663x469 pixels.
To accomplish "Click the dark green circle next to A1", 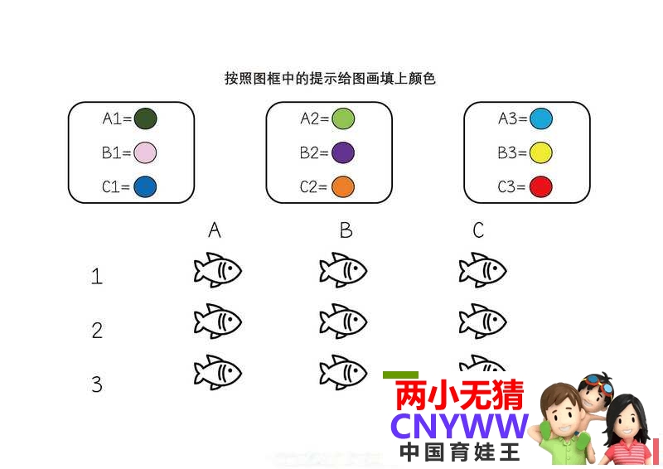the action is pos(146,118).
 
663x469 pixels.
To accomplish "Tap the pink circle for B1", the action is pos(145,152).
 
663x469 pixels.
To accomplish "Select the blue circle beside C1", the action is pos(145,187).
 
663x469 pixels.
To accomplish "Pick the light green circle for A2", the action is pos(343,118).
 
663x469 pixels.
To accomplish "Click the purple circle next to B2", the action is pos(343,152).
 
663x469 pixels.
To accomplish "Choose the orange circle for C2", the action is pos(343,187).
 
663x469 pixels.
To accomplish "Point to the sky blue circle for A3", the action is pos(541,118).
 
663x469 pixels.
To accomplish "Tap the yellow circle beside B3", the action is pos(541,152).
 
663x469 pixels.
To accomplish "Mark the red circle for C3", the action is pos(541,187).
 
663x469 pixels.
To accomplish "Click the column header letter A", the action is pos(215,230).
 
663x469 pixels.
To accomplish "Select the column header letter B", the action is pos(346,230).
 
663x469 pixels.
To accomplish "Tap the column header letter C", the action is pos(478,230).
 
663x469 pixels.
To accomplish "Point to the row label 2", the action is pos(97,331).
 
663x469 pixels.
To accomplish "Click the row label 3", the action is pos(97,384).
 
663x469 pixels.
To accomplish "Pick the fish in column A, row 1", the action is pos(218,270).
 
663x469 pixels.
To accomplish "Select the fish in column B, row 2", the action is pos(343,321).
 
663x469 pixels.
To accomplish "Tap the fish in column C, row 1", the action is pos(483,270).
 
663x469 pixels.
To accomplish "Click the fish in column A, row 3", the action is pos(218,372).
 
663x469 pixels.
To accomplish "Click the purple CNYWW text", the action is pos(459,426).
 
